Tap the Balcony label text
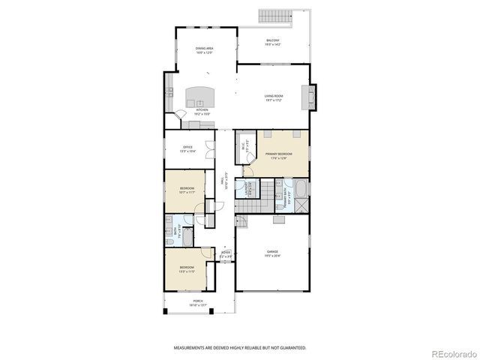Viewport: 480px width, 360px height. pos(273,42)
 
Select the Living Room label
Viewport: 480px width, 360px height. pos(273,97)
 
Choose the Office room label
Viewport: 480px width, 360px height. pos(187,148)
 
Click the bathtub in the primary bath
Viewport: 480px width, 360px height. pos(300,188)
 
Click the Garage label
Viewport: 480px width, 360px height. pos(272,253)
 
